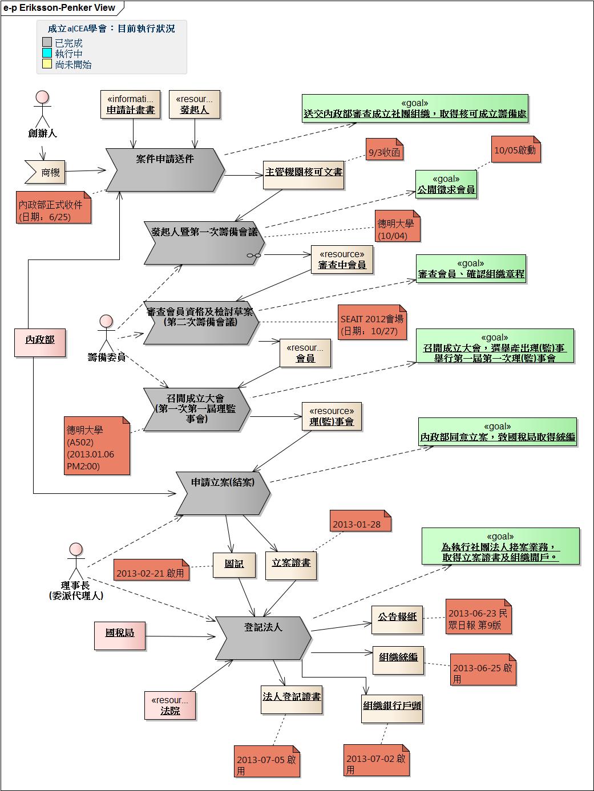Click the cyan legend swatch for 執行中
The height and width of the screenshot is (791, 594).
pyautogui.click(x=47, y=53)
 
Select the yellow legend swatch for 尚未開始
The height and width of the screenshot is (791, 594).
pyautogui.click(x=47, y=64)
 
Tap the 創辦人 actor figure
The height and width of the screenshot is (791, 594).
pyautogui.click(x=42, y=109)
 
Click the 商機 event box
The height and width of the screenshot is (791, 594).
pyautogui.click(x=45, y=172)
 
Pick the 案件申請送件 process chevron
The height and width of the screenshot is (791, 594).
pyautogui.click(x=165, y=170)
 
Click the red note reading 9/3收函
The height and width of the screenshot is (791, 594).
pyautogui.click(x=384, y=149)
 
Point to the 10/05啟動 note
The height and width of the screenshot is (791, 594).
pyautogui.click(x=516, y=149)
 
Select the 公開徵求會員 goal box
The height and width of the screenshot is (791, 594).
pyautogui.click(x=446, y=184)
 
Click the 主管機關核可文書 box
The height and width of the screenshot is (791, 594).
pyautogui.click(x=304, y=175)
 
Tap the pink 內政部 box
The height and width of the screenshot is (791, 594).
pyautogui.click(x=40, y=343)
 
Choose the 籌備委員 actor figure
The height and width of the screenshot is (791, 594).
pyautogui.click(x=106, y=333)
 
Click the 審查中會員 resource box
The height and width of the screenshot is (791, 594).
pyautogui.click(x=342, y=259)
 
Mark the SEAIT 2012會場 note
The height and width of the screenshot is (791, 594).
pyautogui.click(x=372, y=323)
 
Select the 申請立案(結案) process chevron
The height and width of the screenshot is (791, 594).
pyautogui.click(x=223, y=493)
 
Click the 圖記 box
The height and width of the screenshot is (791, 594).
pyautogui.click(x=235, y=565)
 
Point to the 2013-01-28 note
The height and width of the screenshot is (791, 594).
pyautogui.click(x=361, y=521)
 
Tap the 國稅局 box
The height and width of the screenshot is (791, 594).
pyautogui.click(x=120, y=636)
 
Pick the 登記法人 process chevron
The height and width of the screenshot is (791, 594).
pyautogui.click(x=263, y=638)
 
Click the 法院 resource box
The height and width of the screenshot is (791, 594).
pyautogui.click(x=170, y=705)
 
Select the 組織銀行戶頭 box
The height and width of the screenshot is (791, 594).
pyautogui.click(x=392, y=708)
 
